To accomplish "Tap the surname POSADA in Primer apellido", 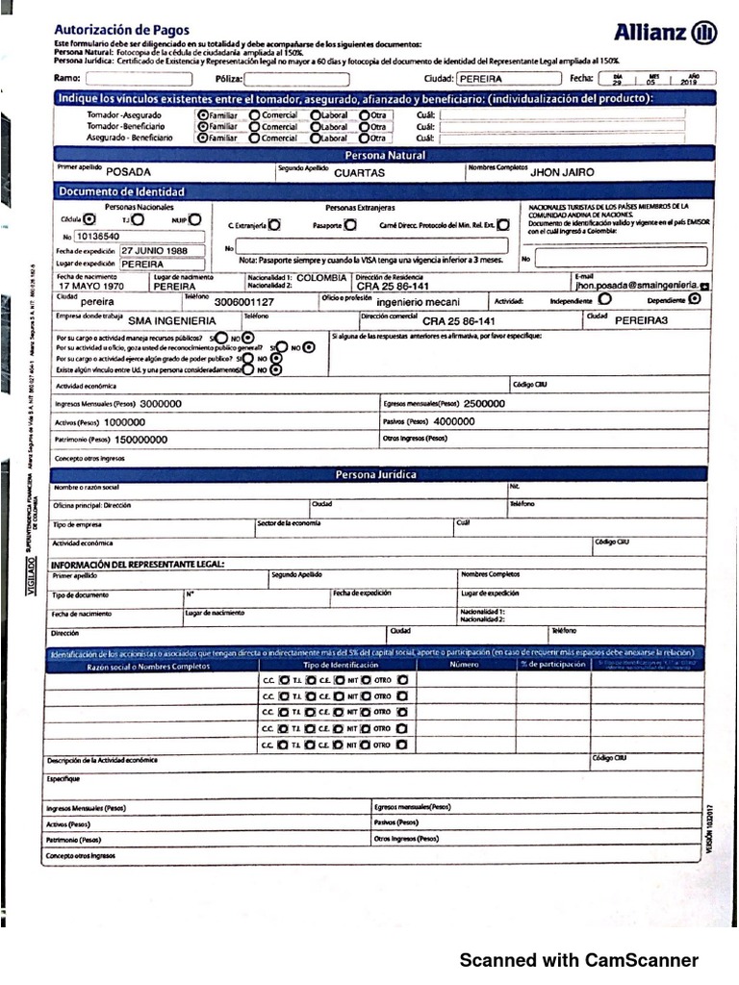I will pos(129,172).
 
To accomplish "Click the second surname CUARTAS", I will pos(359,173).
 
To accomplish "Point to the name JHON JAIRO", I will pos(563,172).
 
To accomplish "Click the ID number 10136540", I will pos(98,236).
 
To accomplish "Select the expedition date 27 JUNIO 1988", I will pos(154,249).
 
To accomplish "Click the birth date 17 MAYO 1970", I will pos(91,287).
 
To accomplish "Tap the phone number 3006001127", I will pos(243,302).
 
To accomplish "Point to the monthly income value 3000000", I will pos(160,405).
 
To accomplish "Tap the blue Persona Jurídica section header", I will pos(375,475).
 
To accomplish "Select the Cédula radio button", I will pos(89,219).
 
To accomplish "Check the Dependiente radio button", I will pos(695,299).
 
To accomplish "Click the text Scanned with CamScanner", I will pos(578,960).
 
